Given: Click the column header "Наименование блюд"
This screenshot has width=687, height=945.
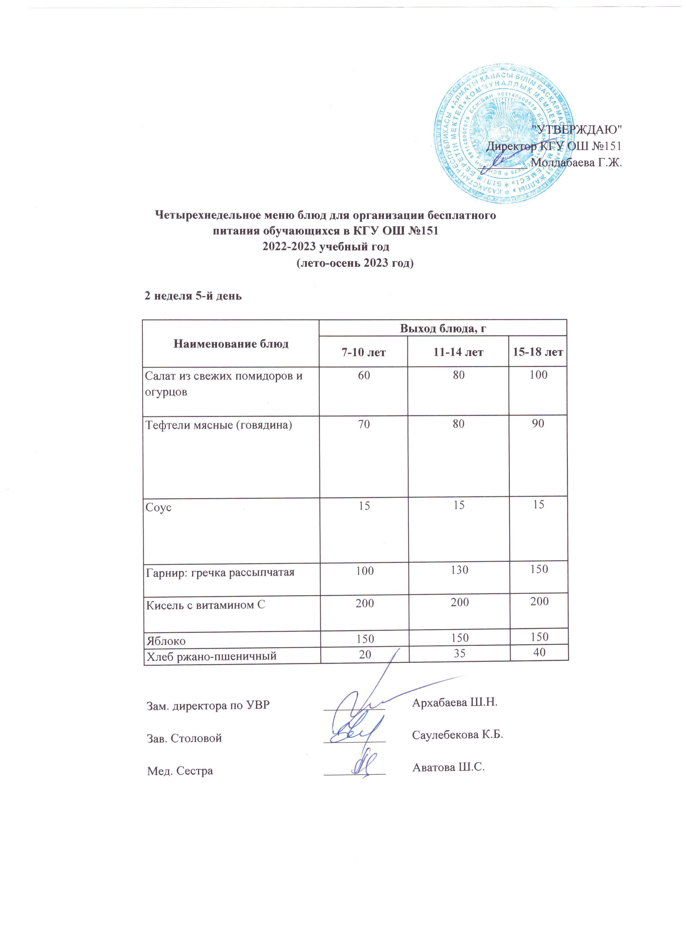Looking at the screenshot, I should pyautogui.click(x=231, y=344).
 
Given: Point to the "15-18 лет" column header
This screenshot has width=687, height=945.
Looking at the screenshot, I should pyautogui.click(x=538, y=352).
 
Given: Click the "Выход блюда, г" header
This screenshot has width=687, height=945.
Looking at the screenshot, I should pyautogui.click(x=443, y=328).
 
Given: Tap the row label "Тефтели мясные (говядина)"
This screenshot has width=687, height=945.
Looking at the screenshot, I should pyautogui.click(x=218, y=425).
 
